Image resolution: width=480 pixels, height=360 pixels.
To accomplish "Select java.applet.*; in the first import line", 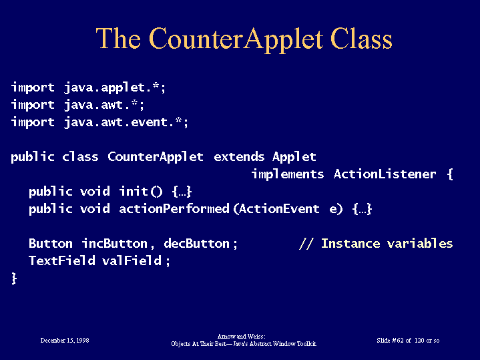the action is click(x=115, y=87).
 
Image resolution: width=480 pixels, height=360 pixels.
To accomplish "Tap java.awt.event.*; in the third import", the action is click(x=126, y=122).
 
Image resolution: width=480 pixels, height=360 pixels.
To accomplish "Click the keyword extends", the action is click(x=239, y=157).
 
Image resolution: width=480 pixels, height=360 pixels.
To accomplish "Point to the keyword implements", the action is click(x=288, y=174).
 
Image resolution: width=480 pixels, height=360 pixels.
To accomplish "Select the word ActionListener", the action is click(x=385, y=174).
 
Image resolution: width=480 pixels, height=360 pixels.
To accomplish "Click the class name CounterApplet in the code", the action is click(x=156, y=157).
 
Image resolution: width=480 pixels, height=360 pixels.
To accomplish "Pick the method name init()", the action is click(x=141, y=192).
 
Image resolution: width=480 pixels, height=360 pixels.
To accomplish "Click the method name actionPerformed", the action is click(x=174, y=209).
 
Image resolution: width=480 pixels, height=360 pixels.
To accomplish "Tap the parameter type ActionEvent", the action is click(x=279, y=209).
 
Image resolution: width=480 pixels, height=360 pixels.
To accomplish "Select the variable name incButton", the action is click(x=115, y=244).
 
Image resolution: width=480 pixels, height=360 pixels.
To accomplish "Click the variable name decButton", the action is click(x=196, y=244).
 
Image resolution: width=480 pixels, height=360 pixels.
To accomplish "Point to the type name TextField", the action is click(x=62, y=260).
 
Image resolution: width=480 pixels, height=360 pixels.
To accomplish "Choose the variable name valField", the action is click(x=132, y=260).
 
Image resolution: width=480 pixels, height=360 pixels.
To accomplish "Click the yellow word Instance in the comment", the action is click(x=350, y=244).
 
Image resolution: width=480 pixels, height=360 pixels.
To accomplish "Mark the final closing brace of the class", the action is click(x=14, y=279).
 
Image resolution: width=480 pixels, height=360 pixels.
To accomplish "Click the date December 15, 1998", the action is click(x=65, y=341).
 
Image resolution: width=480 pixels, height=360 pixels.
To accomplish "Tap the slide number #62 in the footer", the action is click(x=398, y=341).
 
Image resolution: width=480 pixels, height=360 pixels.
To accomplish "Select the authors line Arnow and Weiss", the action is click(x=241, y=337).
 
